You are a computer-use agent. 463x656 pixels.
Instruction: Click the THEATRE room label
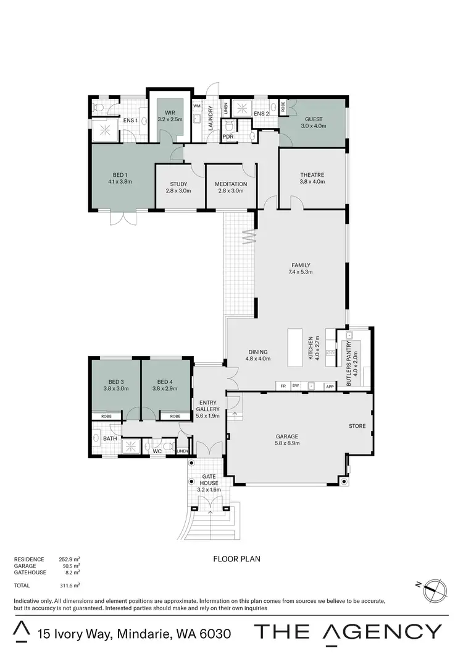click(x=311, y=175)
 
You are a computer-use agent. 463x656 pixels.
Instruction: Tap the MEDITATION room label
click(x=230, y=184)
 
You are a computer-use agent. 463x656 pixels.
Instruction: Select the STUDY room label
click(x=178, y=184)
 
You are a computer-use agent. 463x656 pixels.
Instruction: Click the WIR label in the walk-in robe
click(x=170, y=112)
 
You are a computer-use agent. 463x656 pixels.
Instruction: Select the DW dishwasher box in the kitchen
click(x=296, y=386)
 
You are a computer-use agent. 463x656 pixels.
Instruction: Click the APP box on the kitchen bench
click(x=330, y=386)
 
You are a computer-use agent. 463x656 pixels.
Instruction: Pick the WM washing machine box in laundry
click(x=198, y=106)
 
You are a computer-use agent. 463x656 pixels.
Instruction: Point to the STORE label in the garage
click(x=357, y=426)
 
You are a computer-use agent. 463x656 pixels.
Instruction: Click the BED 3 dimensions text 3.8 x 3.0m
click(x=117, y=388)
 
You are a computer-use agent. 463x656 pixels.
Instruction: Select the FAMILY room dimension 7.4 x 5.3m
click(x=300, y=271)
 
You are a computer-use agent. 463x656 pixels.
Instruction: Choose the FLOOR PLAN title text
click(x=236, y=559)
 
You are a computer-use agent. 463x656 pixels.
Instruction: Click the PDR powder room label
click(x=228, y=137)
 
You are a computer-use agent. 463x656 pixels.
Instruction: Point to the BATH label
click(x=110, y=438)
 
